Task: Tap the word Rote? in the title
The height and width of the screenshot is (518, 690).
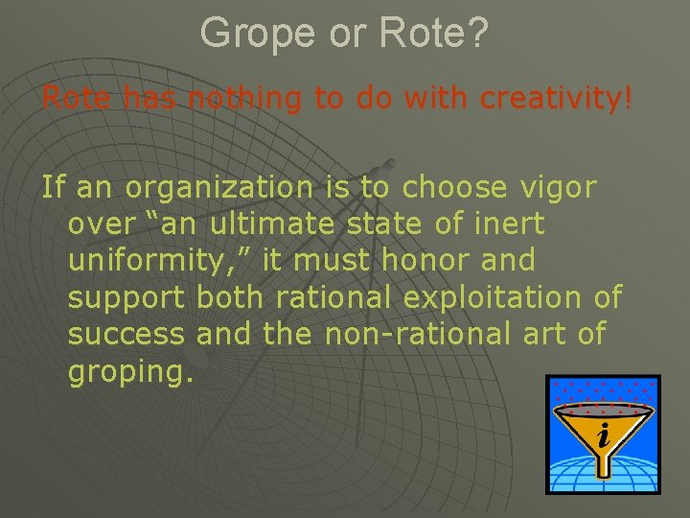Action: (434, 34)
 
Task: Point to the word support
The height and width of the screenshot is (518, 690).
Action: (127, 298)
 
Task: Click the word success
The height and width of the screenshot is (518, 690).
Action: (126, 335)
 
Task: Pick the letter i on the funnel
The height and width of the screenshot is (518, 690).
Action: (603, 436)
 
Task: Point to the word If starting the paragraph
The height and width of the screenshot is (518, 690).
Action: (53, 187)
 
